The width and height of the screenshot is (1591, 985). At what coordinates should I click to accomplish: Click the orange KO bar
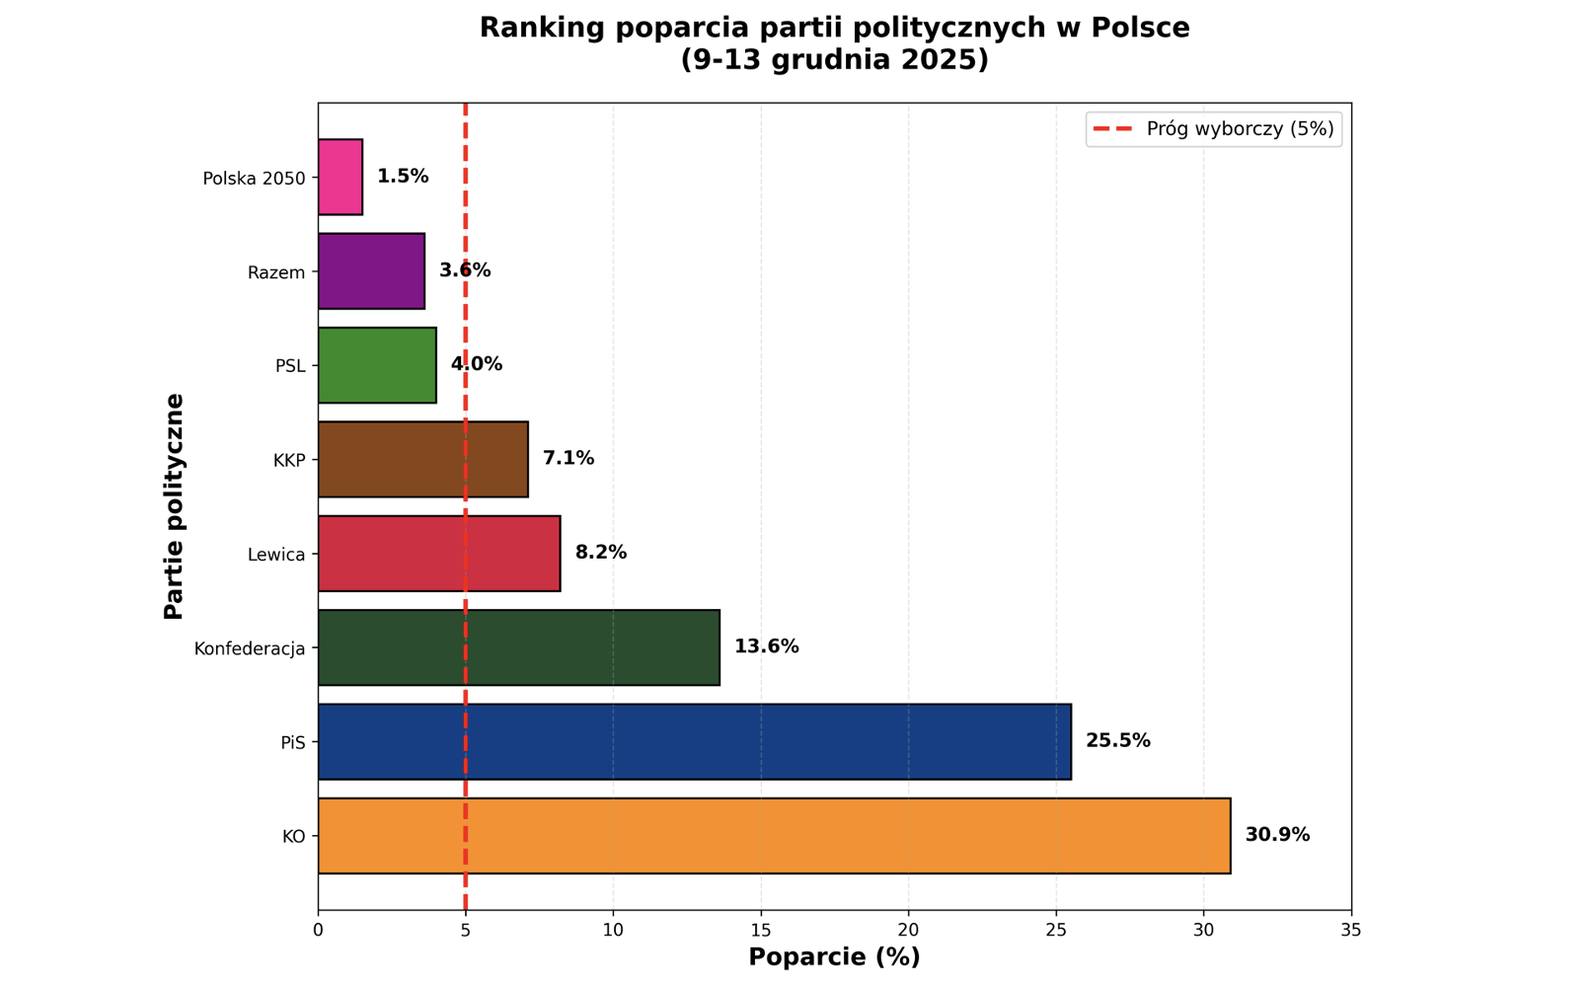coord(774,836)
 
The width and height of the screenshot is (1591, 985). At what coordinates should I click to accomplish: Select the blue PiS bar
coord(694,741)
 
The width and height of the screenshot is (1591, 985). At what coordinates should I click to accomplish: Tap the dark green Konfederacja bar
coord(518,647)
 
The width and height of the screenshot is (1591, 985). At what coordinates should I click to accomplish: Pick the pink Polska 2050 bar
coord(341,177)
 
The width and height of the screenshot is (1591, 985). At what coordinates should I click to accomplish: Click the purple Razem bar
coord(371,271)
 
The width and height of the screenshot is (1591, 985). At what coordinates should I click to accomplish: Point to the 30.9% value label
coord(1277,835)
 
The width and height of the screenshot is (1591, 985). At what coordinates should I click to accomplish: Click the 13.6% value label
coord(766,646)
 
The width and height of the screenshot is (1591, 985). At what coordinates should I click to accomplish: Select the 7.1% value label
coord(568,458)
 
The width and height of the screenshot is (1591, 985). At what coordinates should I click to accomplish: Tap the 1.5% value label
coord(403,177)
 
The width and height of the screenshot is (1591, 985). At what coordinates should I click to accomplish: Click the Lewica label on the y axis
coord(276,555)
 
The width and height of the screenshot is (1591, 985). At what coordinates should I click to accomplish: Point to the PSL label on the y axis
coord(290,366)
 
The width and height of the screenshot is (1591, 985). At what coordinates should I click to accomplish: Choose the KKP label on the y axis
coord(289,460)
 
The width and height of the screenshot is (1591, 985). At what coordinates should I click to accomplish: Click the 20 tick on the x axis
coord(908,930)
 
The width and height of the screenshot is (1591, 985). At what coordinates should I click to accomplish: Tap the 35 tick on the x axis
coord(1351,930)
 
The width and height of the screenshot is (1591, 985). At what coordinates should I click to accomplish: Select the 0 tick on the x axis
coord(318,930)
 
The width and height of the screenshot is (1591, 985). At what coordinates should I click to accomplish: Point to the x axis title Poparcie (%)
coord(834,956)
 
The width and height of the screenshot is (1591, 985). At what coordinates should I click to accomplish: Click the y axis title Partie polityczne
coord(175,506)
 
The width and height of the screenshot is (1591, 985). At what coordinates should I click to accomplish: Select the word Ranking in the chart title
coord(542,28)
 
